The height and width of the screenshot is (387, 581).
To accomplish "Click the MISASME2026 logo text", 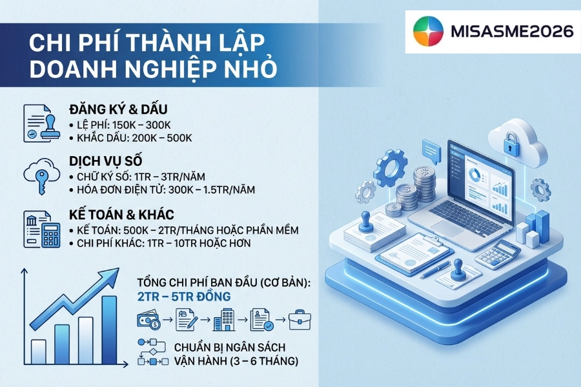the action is pos(513,32).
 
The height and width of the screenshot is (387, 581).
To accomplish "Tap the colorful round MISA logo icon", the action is pos(429,31).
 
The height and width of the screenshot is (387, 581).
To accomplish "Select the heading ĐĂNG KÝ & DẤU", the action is pos(118,109).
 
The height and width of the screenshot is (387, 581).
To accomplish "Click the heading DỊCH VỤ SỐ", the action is pos(106,161).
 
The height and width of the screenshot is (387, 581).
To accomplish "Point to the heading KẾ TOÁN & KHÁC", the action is pos(121,214).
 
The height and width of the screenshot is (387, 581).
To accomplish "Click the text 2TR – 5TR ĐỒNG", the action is pos(184,297).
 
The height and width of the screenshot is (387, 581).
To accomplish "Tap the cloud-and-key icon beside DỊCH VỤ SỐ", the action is pos(42,176).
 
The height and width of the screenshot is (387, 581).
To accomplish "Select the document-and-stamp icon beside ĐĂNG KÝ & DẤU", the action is pos(41,123).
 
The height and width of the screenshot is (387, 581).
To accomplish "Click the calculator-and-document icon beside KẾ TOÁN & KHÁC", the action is pos(42,229).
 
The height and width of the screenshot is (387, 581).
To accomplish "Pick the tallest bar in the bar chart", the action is pos(109,330).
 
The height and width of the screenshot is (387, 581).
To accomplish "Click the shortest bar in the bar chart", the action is pos(39,352).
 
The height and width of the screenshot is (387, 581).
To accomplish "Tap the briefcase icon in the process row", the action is pos(300,320).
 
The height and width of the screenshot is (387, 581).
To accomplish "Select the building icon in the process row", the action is pos(224,320).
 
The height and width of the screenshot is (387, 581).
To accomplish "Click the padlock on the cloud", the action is pos(511,144).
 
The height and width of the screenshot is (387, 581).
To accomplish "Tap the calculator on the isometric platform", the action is pos(498,254).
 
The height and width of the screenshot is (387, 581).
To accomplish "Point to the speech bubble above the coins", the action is pos(431,150).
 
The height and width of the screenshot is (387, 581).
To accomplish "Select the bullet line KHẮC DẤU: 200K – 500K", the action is pos(131,138).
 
